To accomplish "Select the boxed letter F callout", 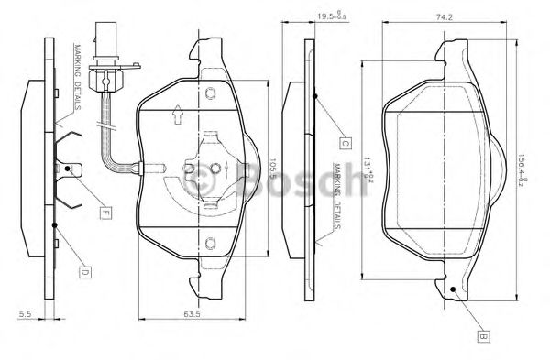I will point(105,213).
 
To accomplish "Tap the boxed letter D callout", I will point(82,272).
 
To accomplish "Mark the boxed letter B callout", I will point(480,336).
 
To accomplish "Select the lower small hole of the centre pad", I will point(210,243).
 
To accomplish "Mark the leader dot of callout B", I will point(456,291).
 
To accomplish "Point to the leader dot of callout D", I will point(55,224).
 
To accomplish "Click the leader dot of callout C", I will point(314,94).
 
